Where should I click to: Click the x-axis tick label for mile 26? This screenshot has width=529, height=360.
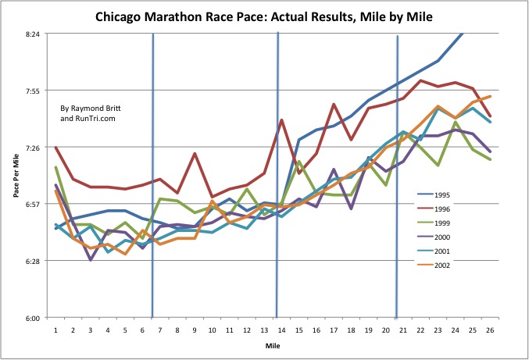489,330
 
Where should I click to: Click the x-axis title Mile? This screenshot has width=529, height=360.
272,344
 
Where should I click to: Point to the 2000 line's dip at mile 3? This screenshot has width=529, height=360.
91,259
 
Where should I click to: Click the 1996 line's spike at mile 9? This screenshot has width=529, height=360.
195,154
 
